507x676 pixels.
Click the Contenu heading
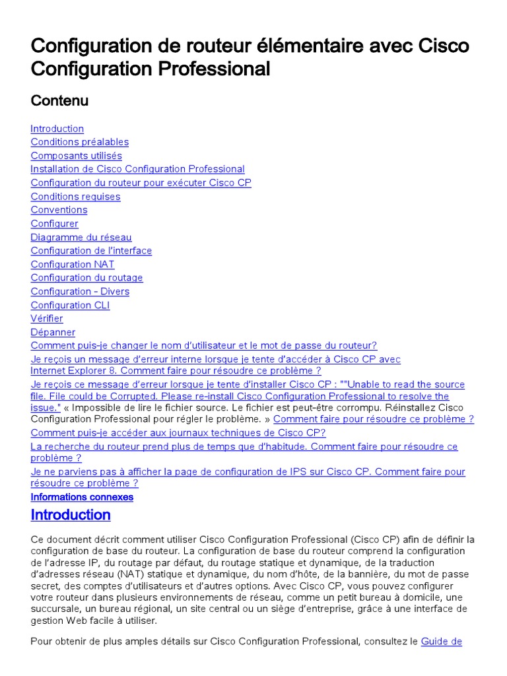pyautogui.click(x=59, y=100)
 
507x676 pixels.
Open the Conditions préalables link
pyautogui.click(x=79, y=142)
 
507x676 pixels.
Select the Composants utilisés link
pyautogui.click(x=76, y=156)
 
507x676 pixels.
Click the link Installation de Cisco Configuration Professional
pyautogui.click(x=137, y=169)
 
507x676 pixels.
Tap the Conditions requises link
pyautogui.click(x=75, y=196)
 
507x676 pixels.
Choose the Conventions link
pyautogui.click(x=59, y=210)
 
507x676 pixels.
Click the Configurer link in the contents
pyautogui.click(x=54, y=224)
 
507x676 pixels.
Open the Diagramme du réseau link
pyautogui.click(x=81, y=237)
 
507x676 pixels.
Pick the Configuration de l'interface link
pyautogui.click(x=91, y=251)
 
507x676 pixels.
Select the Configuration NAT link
pyautogui.click(x=73, y=264)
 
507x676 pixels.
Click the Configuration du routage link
pyautogui.click(x=86, y=278)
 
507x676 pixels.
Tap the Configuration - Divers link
pyautogui.click(x=80, y=291)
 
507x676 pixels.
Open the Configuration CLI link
pyautogui.click(x=70, y=305)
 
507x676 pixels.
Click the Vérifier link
pyautogui.click(x=47, y=318)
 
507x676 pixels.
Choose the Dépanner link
pyautogui.click(x=53, y=332)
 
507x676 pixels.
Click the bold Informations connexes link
pyautogui.click(x=82, y=497)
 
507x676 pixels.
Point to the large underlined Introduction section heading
pyautogui.click(x=71, y=515)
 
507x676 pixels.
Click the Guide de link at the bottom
pyautogui.click(x=441, y=641)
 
